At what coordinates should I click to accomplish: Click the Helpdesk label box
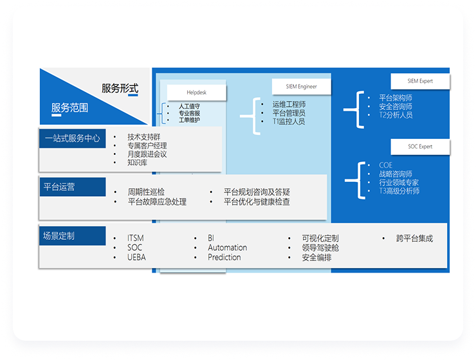click(196, 93)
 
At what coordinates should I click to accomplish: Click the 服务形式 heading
click(120, 89)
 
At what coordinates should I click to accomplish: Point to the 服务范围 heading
click(69, 108)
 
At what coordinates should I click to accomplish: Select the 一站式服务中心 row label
click(72, 138)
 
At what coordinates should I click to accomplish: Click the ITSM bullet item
click(135, 239)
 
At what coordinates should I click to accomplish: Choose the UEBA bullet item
click(136, 257)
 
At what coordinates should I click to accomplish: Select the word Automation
click(227, 248)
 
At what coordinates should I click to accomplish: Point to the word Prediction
click(224, 257)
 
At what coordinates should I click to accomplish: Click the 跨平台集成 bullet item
click(414, 239)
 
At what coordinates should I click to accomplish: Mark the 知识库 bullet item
click(137, 163)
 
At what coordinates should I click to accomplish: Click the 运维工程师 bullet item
click(289, 104)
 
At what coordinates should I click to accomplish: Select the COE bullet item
click(385, 166)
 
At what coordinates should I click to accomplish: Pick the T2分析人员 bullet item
click(396, 115)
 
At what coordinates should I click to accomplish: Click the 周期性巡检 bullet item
click(146, 192)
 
